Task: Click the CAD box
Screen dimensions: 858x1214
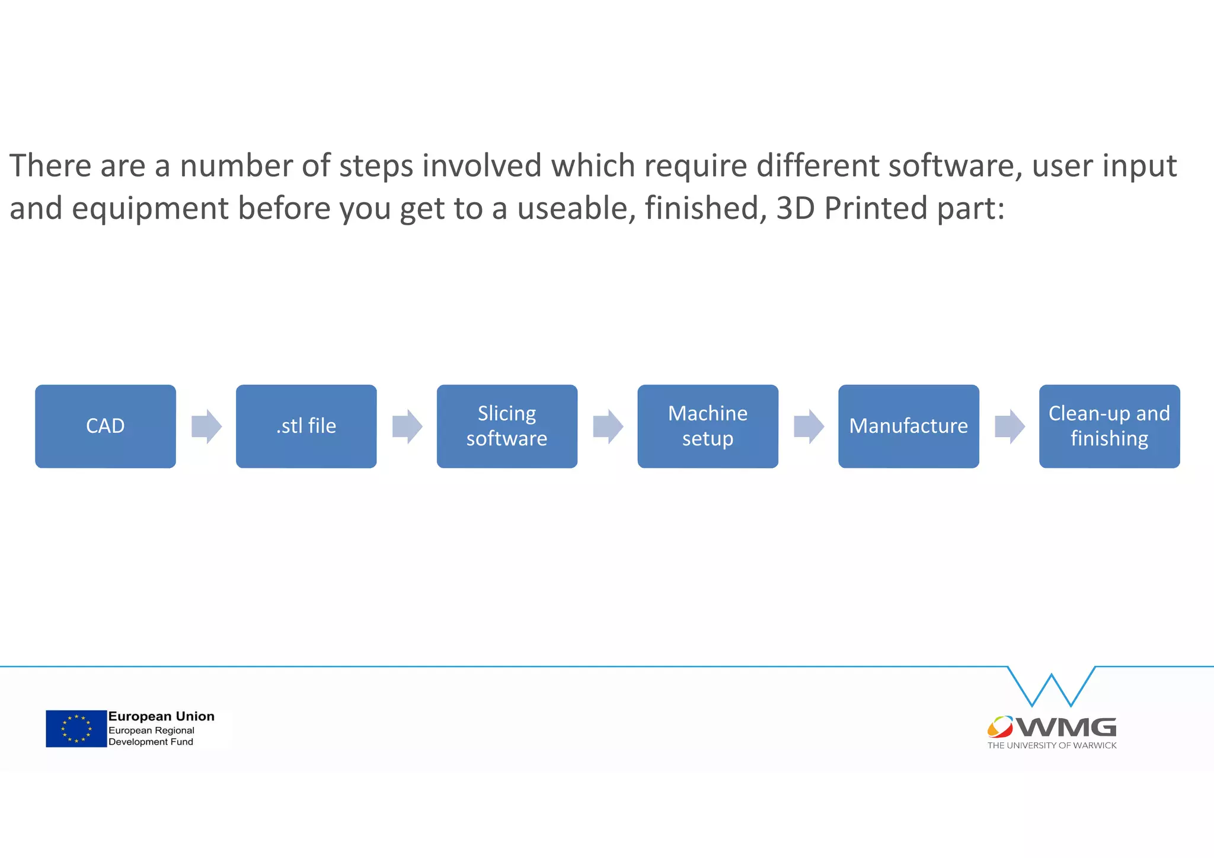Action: pos(106,426)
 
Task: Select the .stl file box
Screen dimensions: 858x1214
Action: pos(306,426)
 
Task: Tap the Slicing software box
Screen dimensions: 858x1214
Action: pos(507,426)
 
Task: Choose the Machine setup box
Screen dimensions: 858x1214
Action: pos(708,426)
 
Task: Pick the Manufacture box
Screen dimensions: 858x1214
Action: pos(908,426)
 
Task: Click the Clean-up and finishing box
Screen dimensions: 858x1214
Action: pos(1109,426)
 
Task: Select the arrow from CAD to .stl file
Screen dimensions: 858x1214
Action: pos(206,426)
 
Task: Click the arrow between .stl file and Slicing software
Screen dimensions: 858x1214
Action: pos(407,426)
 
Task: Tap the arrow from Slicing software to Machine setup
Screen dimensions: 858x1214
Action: pos(608,426)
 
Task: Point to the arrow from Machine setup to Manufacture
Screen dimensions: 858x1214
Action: pos(809,426)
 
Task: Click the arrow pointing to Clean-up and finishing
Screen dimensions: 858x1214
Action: pos(1009,426)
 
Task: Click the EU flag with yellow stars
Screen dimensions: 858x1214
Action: pos(76,729)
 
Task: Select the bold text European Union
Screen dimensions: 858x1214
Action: pos(161,716)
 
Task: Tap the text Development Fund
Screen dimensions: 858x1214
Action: pos(151,742)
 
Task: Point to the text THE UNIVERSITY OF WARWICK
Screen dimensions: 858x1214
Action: pos(1052,745)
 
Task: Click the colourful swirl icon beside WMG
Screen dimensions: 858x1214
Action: pos(1000,726)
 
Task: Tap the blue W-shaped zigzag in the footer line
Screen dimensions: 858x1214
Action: pos(1052,688)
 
